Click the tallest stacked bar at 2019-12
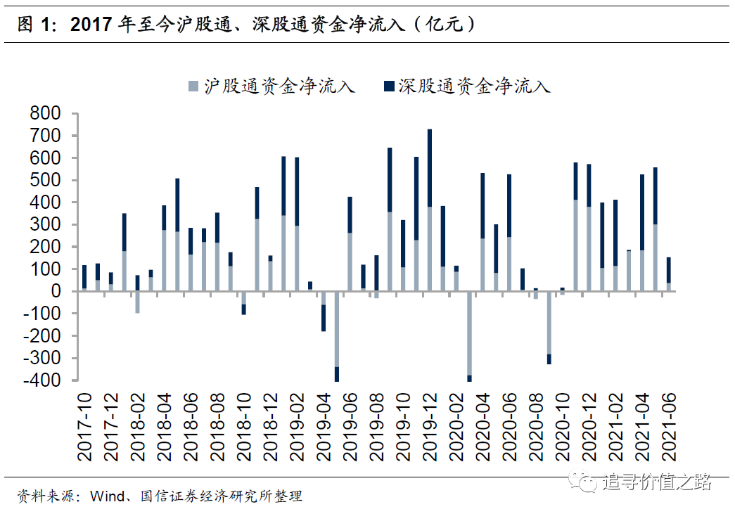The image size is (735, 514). point(429,211)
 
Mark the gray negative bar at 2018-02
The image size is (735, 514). point(138,302)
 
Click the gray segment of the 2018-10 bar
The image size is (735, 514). point(243,298)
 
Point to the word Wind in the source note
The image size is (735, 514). point(106,496)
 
